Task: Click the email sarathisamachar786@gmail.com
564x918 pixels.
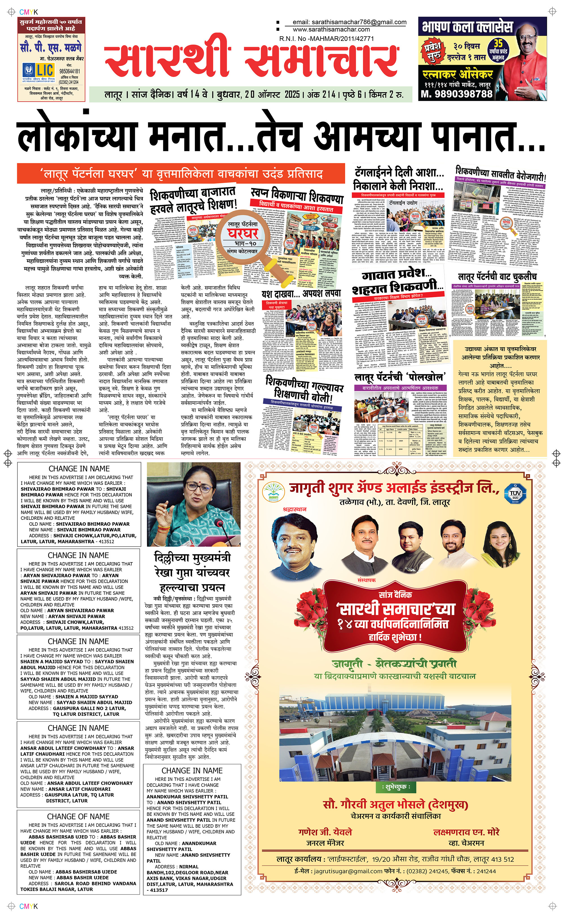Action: (x=349, y=22)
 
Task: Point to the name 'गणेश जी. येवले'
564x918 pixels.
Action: (x=325, y=832)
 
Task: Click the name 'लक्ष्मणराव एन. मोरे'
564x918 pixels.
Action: (x=466, y=832)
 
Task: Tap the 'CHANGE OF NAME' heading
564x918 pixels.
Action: (x=78, y=816)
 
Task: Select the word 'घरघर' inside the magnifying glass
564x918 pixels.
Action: (x=243, y=234)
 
